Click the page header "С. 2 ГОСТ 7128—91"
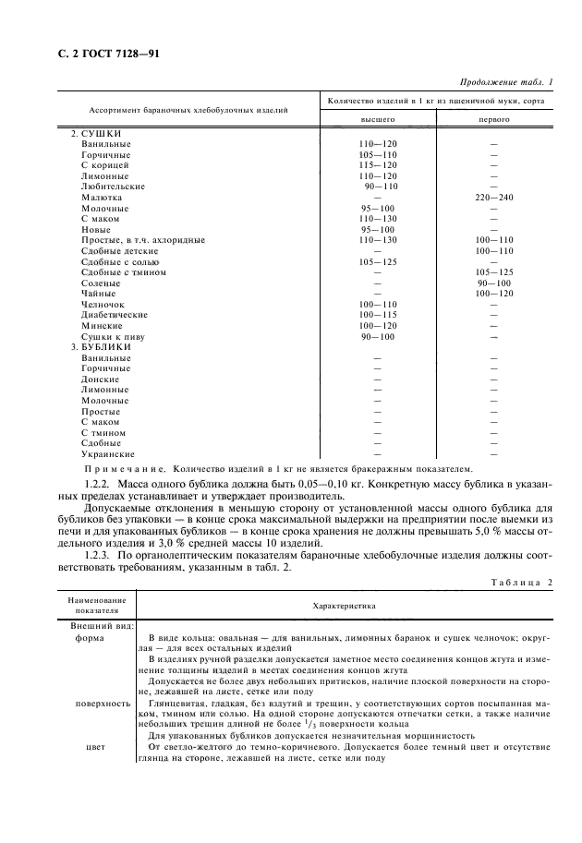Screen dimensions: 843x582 click(90, 54)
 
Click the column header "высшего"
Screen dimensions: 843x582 click(377, 120)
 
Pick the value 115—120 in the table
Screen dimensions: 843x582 click(377, 165)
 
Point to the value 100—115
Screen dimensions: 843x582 click(377, 315)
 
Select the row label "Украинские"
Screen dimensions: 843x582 click(108, 453)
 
